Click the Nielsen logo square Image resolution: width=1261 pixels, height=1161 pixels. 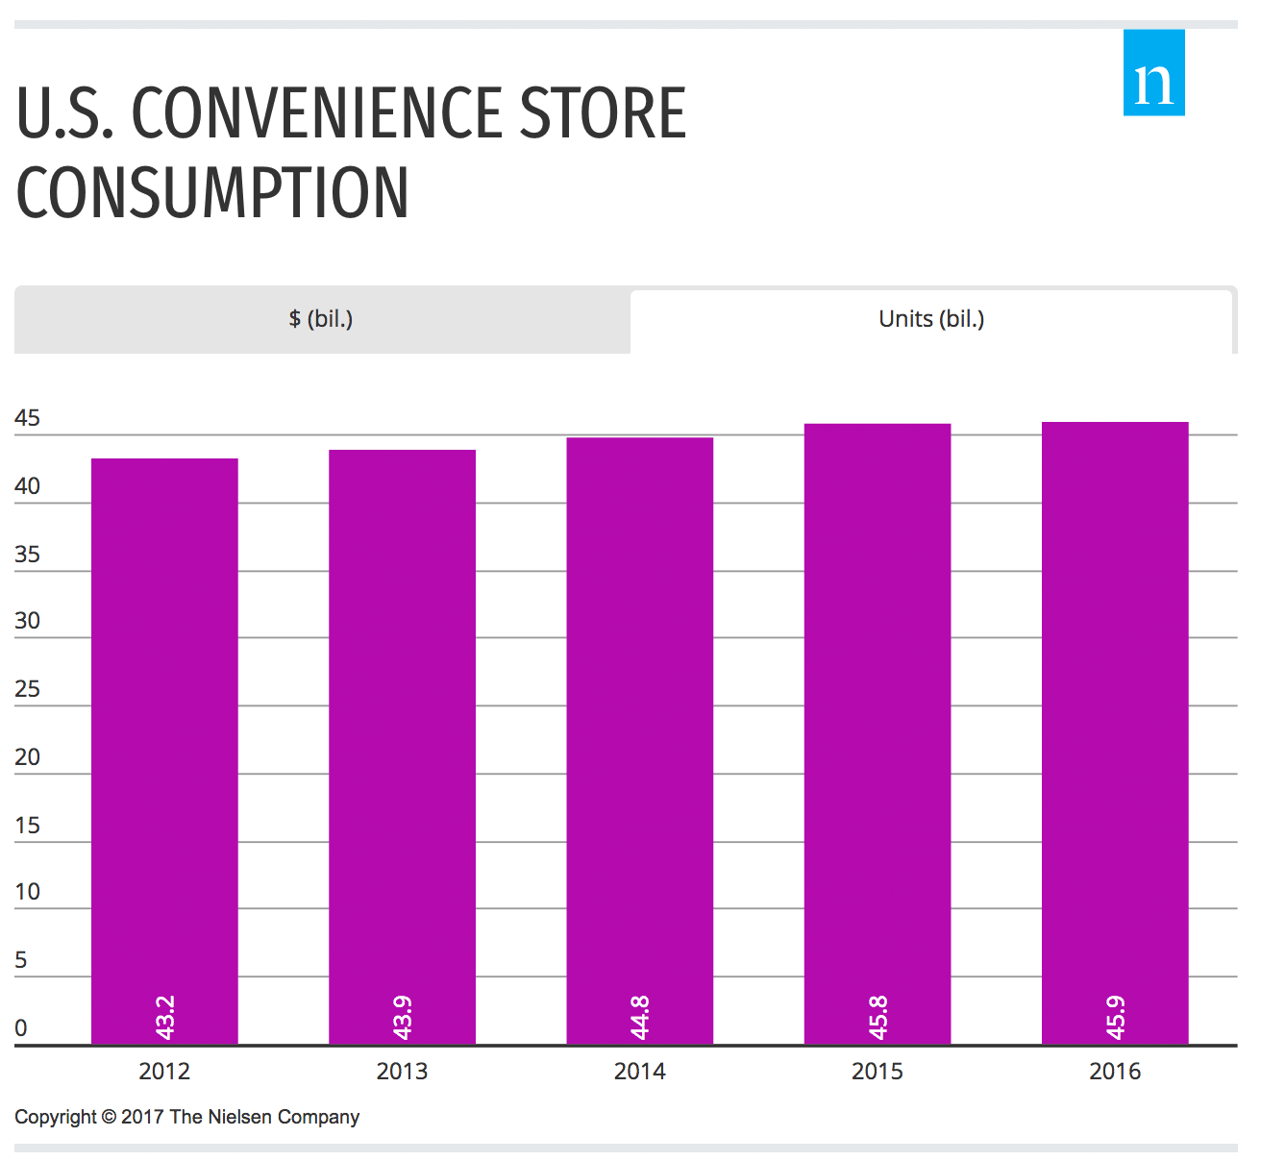click(x=1153, y=73)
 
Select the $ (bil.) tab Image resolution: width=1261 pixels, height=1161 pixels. click(x=321, y=319)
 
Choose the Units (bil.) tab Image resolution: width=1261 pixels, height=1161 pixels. click(x=931, y=319)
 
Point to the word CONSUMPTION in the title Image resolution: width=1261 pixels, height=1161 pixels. click(x=212, y=193)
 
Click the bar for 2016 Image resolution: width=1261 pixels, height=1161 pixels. click(x=1115, y=730)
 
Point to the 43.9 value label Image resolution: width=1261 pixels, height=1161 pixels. click(x=403, y=1017)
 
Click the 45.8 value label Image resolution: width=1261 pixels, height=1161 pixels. click(x=878, y=1017)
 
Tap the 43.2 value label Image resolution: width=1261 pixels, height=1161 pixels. click(x=165, y=1017)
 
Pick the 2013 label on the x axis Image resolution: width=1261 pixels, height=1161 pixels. click(x=402, y=1072)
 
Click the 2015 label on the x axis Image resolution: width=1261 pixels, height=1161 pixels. click(x=877, y=1072)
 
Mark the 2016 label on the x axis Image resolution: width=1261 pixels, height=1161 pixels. click(x=1115, y=1072)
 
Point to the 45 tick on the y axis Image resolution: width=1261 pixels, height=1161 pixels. click(x=28, y=418)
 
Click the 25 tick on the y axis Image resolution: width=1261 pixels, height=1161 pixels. click(x=28, y=689)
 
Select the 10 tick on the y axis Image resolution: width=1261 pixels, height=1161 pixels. click(x=28, y=892)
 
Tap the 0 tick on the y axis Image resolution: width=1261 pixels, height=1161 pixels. click(x=21, y=1027)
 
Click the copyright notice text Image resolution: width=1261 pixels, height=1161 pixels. click(x=186, y=1117)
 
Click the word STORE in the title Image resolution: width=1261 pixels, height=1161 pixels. click(x=603, y=114)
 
